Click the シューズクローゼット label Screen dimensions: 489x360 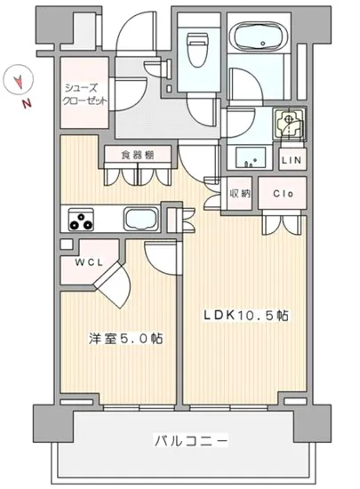(85, 94)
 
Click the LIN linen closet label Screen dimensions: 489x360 (291, 160)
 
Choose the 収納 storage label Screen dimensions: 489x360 (240, 193)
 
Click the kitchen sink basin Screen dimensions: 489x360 (141, 219)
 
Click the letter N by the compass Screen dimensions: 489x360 (28, 104)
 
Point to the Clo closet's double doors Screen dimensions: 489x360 (284, 222)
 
